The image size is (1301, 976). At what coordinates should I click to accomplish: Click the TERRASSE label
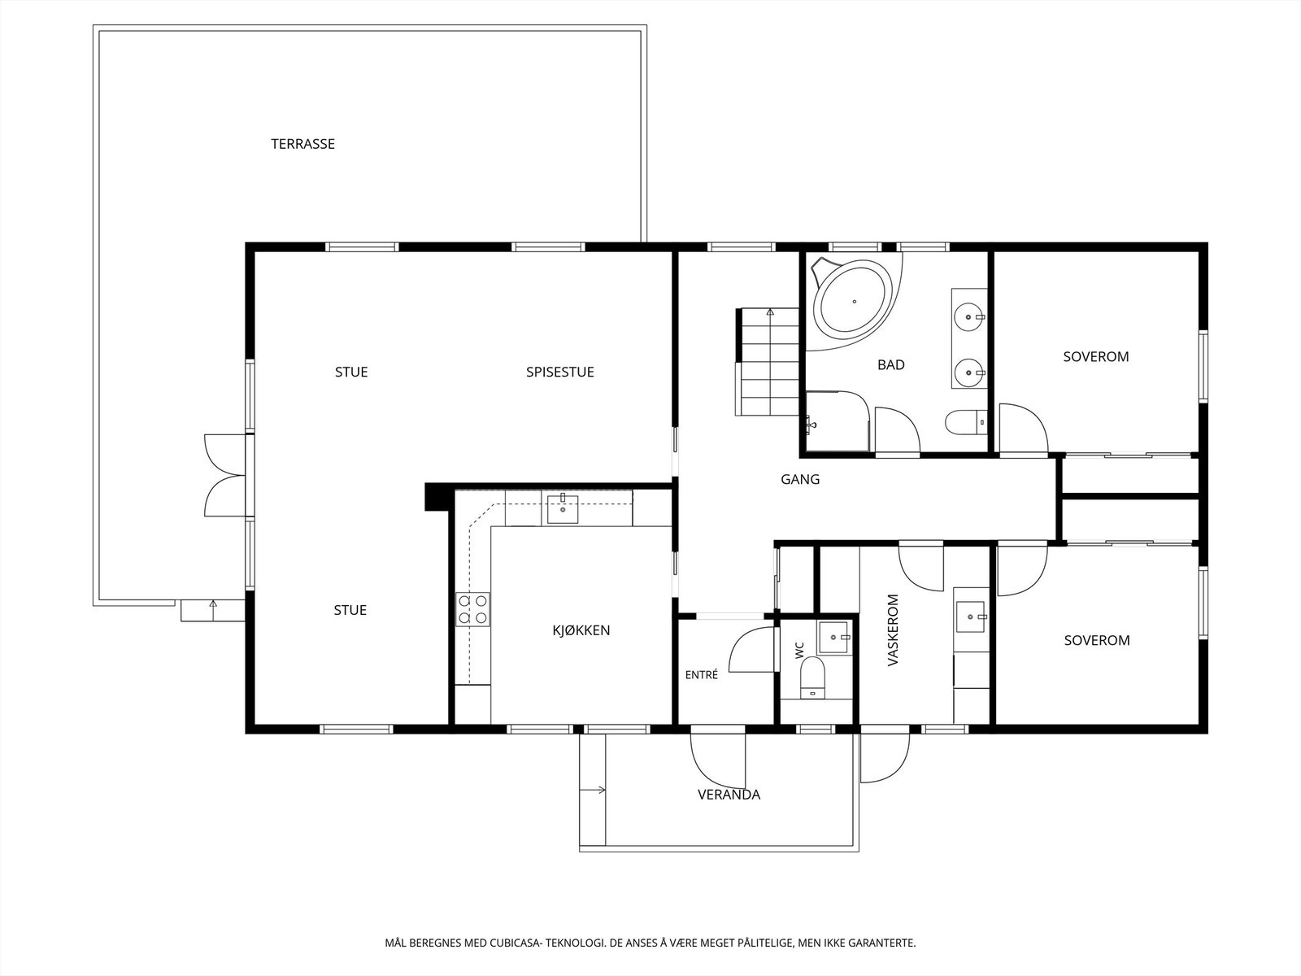pos(302,144)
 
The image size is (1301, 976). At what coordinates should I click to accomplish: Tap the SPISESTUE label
pos(560,373)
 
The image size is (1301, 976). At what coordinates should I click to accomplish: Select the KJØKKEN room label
pos(581,630)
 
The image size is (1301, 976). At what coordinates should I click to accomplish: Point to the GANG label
pos(800,479)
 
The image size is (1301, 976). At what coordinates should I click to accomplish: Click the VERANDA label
pos(729,795)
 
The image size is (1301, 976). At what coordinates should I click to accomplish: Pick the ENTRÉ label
pos(701,674)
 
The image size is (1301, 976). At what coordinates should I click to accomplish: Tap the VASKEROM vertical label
pos(893,630)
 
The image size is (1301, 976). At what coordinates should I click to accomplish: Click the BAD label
pos(891,365)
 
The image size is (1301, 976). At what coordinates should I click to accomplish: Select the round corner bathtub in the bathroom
pos(852,303)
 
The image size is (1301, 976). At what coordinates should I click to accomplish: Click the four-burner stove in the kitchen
pos(473,609)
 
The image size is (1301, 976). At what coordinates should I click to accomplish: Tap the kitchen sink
pos(563,508)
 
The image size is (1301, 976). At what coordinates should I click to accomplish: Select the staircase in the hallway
pos(768,361)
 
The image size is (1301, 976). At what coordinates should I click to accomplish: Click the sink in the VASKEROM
pos(971,617)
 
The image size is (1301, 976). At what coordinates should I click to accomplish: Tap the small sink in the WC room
pos(834,637)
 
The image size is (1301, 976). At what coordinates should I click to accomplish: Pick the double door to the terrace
pos(225,475)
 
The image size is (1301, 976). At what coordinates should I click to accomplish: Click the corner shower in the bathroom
pos(838,421)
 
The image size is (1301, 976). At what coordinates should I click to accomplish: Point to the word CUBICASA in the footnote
pos(515,943)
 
